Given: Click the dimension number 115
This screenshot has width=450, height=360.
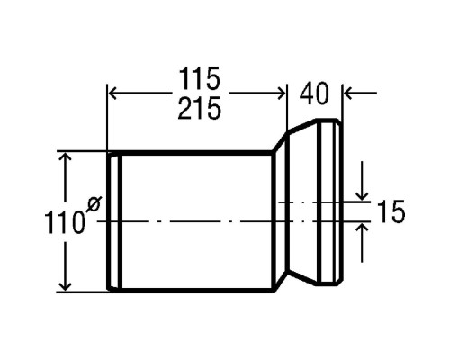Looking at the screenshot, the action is coord(200,79).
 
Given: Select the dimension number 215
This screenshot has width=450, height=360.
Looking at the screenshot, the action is coord(200,108).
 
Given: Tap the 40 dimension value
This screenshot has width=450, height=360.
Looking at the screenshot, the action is coord(314,94).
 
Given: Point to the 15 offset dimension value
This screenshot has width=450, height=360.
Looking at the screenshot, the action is coord(391,212).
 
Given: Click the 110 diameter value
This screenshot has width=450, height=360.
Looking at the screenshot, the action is coord(63,222).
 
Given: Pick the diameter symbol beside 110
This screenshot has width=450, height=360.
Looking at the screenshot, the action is coord(94,204).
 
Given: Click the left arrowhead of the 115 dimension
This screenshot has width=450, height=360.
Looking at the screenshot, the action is coord(112,94).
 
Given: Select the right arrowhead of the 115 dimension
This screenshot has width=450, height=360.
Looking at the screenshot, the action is coord(281,94).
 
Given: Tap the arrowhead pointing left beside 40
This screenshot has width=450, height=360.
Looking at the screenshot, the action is coord(349,94).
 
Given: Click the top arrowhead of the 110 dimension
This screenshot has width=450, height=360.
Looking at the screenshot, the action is coord(65,157).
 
